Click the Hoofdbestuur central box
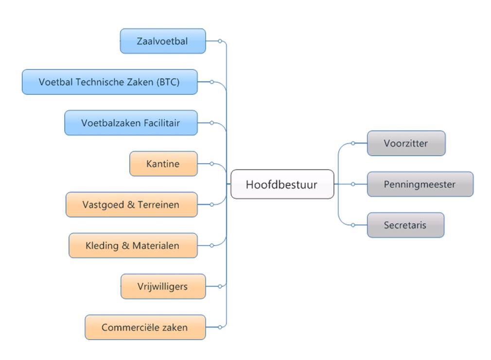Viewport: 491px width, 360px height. pos(282,184)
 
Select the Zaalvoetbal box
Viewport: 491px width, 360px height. pos(163,41)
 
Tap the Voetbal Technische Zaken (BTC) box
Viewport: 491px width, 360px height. pos(109,82)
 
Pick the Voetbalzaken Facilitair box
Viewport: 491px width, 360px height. pos(131,123)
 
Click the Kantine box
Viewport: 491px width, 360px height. pos(163,164)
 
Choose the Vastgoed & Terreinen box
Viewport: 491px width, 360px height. pos(132,205)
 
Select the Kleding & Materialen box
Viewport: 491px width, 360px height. pos(133,245)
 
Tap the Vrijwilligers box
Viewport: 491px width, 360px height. pos(163,287)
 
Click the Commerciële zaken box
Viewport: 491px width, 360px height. pos(145,327)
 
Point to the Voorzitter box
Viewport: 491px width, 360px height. pos(406,143)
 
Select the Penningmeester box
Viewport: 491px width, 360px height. pos(420,184)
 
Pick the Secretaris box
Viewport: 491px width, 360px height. pos(405,225)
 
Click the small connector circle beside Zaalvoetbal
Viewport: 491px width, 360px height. pos(220,41)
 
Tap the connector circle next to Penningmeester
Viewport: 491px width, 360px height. pos(353,184)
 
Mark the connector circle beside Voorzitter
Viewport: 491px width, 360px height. pos(353,143)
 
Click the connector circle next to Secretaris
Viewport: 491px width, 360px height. pos(353,225)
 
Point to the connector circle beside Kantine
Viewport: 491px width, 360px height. pos(211,164)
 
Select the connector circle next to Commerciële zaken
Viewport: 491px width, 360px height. pos(220,327)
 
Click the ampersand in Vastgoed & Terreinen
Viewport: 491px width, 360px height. pos(131,205)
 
